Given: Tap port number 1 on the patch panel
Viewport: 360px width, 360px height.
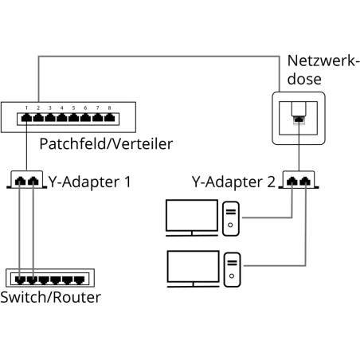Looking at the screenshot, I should (28, 119).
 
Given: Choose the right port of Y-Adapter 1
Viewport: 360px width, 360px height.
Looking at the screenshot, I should (34, 182).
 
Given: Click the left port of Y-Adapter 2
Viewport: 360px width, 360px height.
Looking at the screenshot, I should (293, 182).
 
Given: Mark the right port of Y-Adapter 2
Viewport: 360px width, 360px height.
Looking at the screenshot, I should (304, 182).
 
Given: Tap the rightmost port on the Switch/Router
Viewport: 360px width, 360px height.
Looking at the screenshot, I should (79, 279).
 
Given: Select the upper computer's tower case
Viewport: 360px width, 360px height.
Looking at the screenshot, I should (231, 219).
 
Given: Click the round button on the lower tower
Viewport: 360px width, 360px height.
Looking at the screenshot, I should (231, 277).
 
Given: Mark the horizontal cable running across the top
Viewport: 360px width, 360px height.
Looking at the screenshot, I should (159, 54).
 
